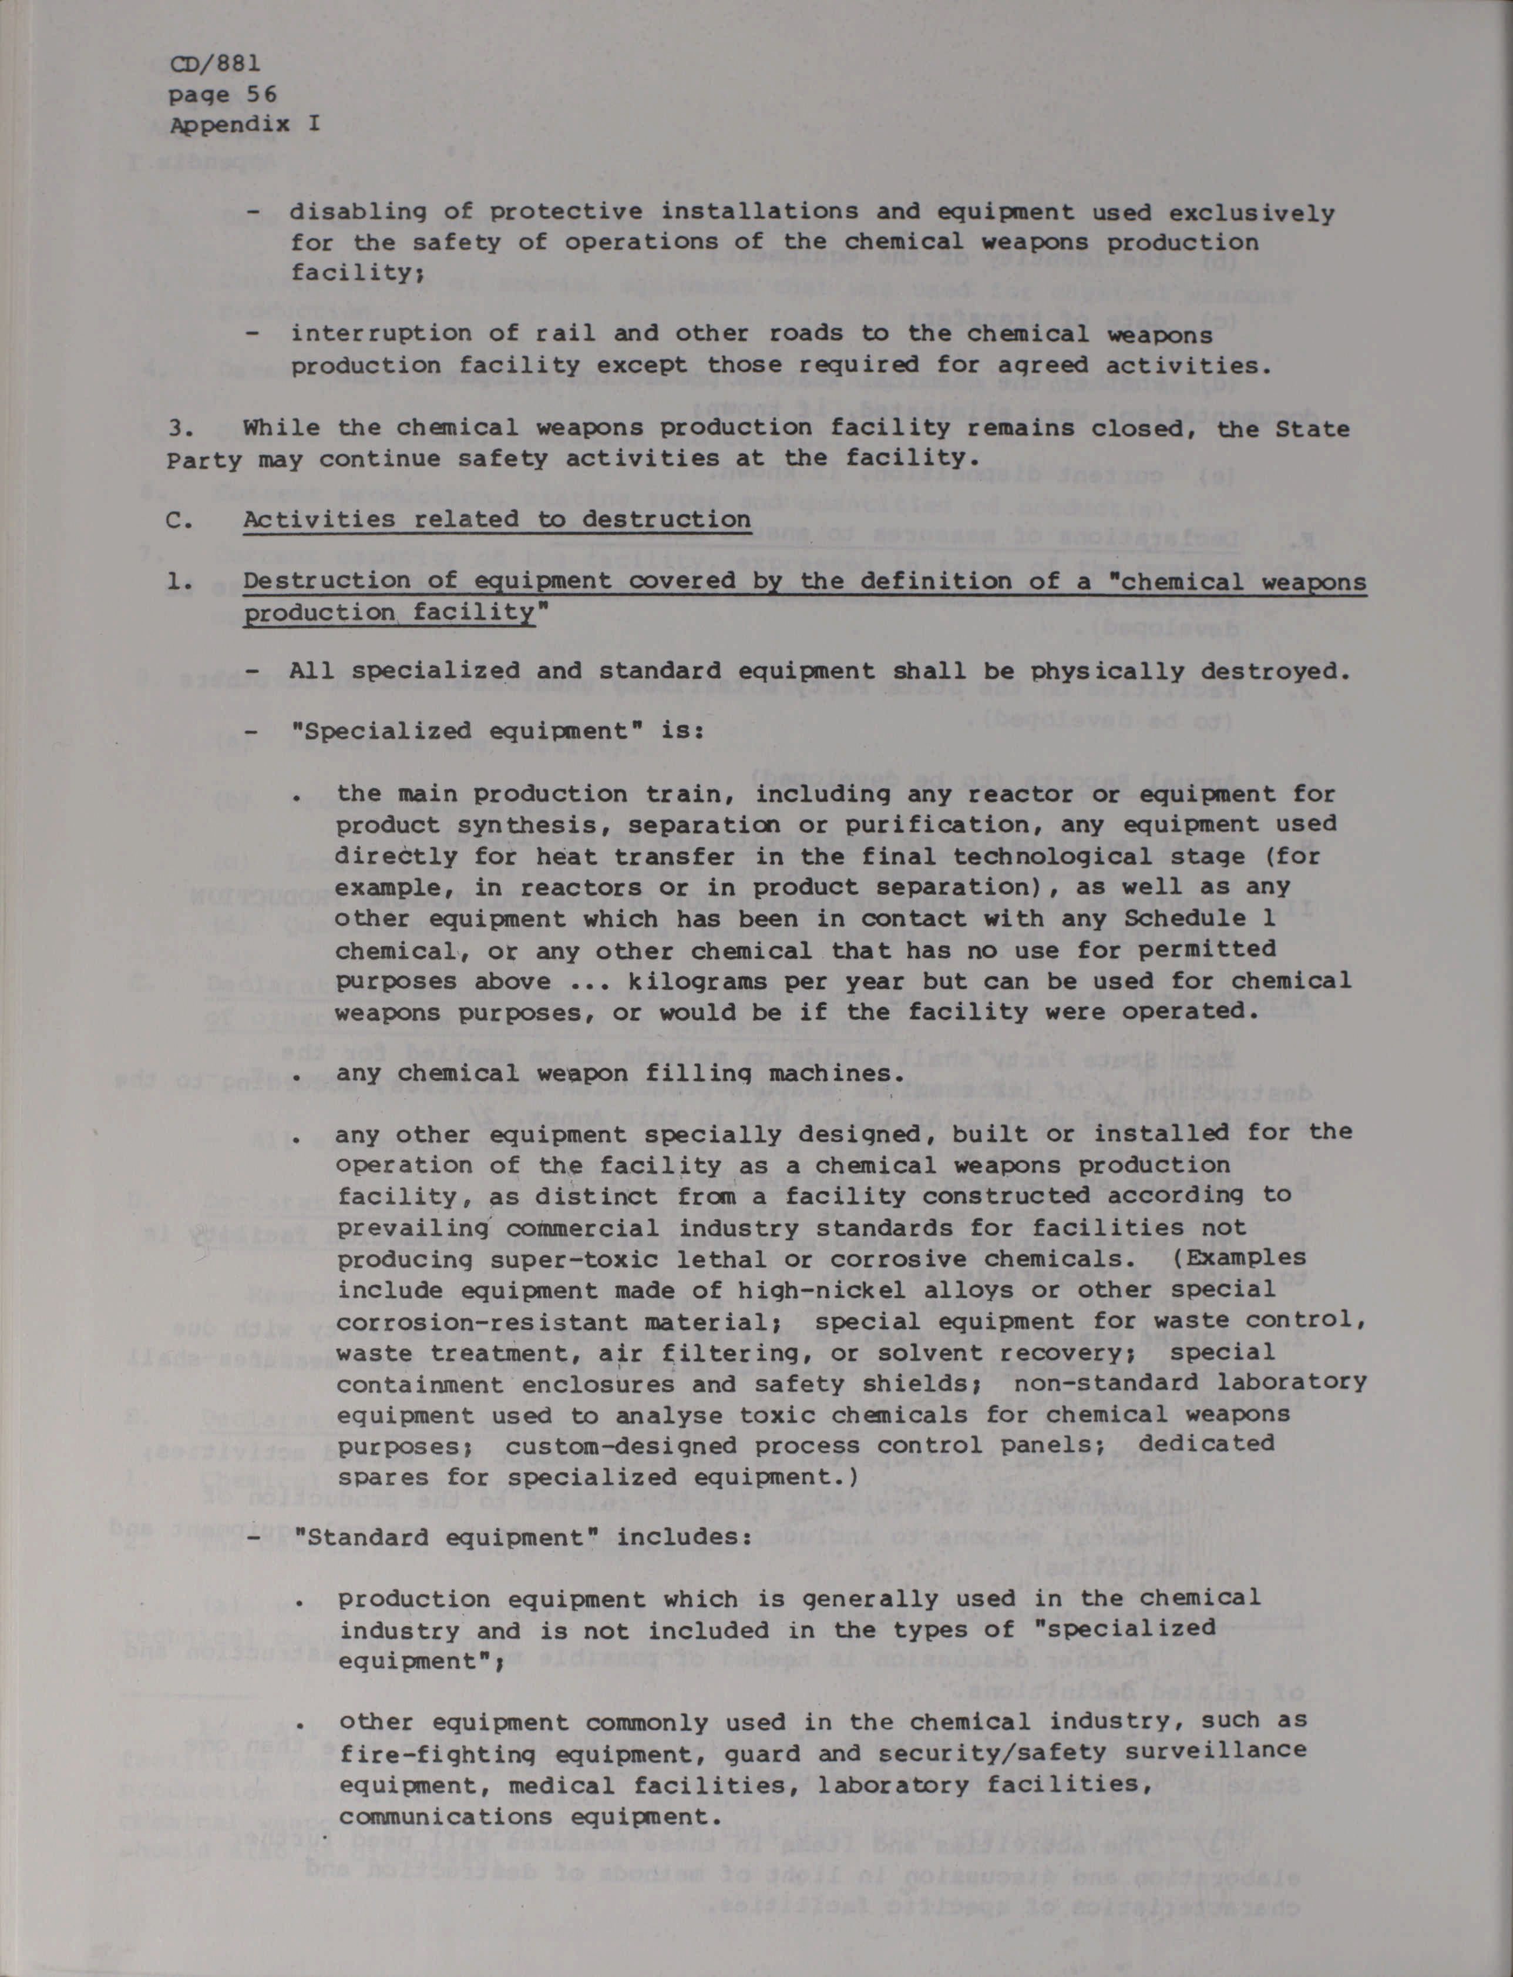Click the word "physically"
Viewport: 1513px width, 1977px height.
[x=1106, y=671]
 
